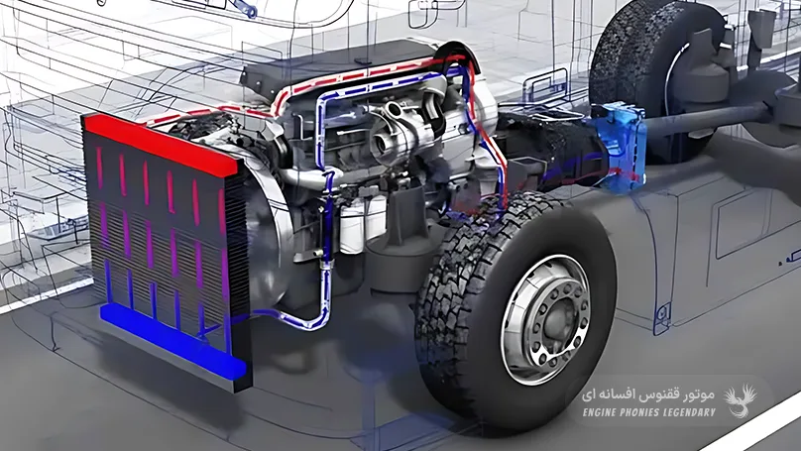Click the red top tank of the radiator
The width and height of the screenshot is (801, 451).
coord(161,144)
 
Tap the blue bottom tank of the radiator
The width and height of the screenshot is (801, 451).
coord(172,341)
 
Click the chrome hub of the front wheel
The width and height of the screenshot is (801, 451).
coord(545,320)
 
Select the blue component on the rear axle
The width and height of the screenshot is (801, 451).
coord(619,147)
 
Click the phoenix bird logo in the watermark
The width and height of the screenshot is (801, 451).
coord(741,400)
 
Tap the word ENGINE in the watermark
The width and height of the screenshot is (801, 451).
coord(602,412)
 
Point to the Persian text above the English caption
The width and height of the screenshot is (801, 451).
coord(647,395)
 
